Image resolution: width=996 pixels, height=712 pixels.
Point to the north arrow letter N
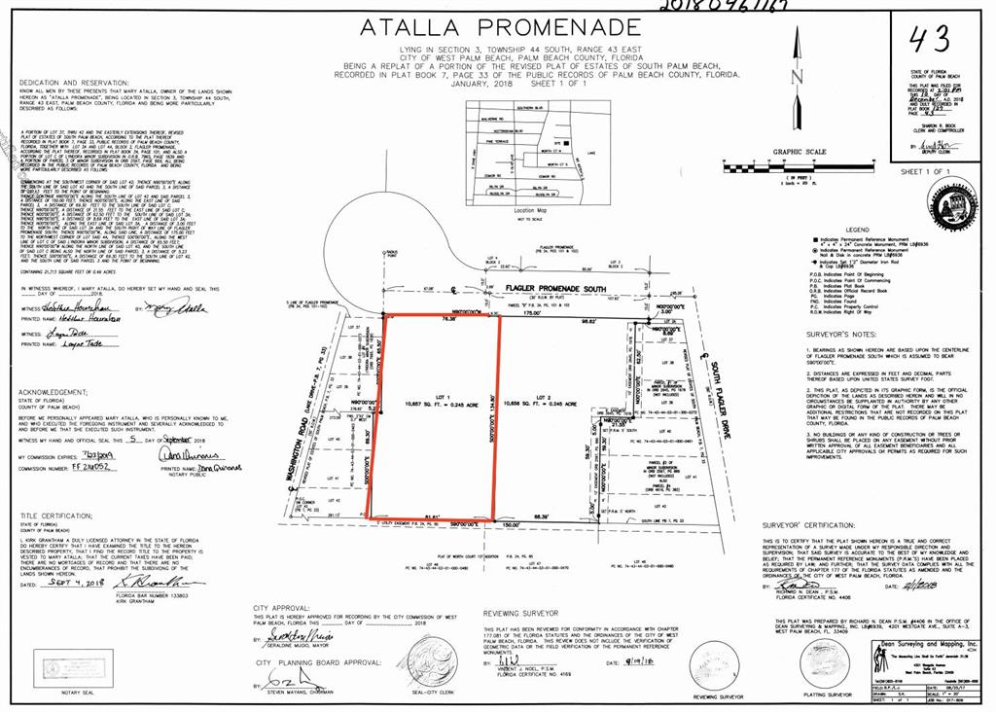(797, 76)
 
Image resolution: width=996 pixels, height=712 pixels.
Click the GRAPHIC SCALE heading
(799, 152)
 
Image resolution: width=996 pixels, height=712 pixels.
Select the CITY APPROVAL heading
(281, 608)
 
